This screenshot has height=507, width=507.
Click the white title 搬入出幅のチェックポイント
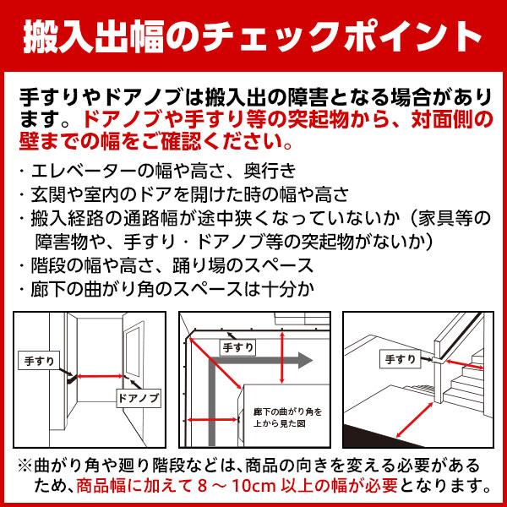(x=253, y=37)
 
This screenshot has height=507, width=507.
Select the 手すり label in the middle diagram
(x=236, y=346)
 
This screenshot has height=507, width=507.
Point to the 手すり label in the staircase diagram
(x=398, y=361)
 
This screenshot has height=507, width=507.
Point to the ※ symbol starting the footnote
(x=24, y=466)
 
